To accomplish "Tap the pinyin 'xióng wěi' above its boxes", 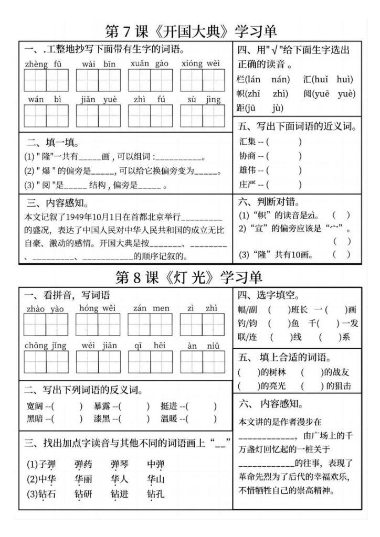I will pos(200,65).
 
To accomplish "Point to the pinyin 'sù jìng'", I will pos(202,100).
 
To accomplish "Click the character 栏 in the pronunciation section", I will pos(241,80).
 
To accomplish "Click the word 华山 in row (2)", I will pos(156,479).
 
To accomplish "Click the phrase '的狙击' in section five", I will pos(339,386).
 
